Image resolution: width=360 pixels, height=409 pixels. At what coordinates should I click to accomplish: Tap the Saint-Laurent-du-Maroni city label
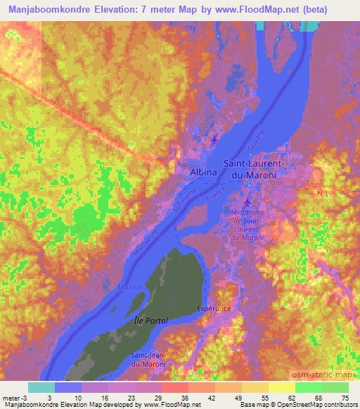coord(254,169)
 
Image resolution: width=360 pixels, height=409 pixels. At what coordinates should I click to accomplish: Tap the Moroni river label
coord(129,288)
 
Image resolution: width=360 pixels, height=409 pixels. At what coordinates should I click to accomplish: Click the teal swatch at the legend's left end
coord(41,387)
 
